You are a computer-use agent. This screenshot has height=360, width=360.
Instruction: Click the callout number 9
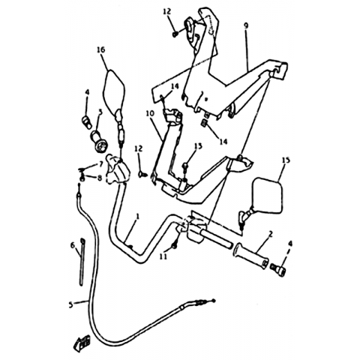pyautogui.click(x=246, y=26)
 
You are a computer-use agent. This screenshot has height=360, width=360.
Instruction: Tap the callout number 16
pyautogui.click(x=101, y=49)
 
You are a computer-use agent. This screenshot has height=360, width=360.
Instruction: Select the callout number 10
pyautogui.click(x=150, y=113)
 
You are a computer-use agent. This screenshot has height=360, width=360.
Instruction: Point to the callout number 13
pyautogui.click(x=198, y=146)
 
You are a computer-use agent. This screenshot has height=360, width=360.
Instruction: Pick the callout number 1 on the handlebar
pyautogui.click(x=137, y=216)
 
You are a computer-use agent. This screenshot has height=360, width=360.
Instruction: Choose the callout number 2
pyautogui.click(x=270, y=234)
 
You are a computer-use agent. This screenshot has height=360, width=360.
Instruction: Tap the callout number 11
pyautogui.click(x=163, y=256)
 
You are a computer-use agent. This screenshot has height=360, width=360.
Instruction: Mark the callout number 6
pyautogui.click(x=73, y=246)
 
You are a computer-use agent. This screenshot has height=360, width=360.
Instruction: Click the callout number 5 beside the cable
pyautogui.click(x=70, y=304)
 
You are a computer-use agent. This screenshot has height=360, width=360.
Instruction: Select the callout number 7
pyautogui.click(x=100, y=164)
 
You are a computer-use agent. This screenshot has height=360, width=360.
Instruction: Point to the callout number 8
pyautogui.click(x=100, y=178)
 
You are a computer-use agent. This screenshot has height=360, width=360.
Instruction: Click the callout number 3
pyautogui.click(x=100, y=112)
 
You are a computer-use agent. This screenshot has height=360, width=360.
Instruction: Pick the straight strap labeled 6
pyautogui.click(x=82, y=262)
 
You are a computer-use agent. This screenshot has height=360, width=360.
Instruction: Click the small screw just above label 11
pyautogui.click(x=175, y=247)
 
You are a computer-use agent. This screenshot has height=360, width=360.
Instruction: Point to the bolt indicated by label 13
pyautogui.click(x=185, y=166)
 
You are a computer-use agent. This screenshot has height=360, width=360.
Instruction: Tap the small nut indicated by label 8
pyautogui.click(x=82, y=178)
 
